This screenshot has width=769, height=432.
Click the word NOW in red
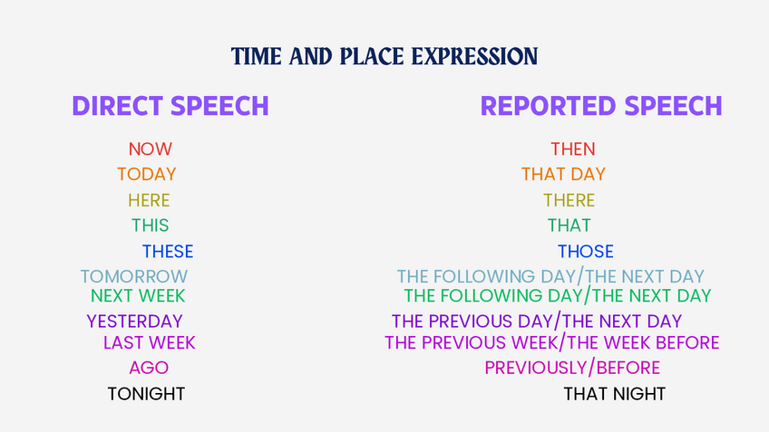click(x=150, y=149)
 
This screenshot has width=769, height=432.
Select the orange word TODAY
click(x=147, y=175)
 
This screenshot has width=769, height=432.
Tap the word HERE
click(x=149, y=200)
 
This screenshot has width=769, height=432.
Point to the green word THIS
click(x=150, y=226)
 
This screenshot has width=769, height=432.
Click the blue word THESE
click(x=168, y=252)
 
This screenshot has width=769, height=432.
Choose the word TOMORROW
click(x=134, y=277)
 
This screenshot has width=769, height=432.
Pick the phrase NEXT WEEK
click(x=138, y=296)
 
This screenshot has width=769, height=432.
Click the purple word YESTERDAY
click(x=134, y=322)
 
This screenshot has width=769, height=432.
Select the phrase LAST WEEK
click(x=149, y=343)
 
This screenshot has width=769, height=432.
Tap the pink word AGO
click(x=149, y=368)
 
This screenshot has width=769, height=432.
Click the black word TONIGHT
click(x=146, y=394)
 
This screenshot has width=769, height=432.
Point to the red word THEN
click(x=573, y=149)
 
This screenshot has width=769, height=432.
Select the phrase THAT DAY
click(x=563, y=175)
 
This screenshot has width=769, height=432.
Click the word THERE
click(x=569, y=200)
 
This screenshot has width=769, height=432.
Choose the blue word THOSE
click(x=586, y=252)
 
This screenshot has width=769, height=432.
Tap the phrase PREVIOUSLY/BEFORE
click(x=572, y=368)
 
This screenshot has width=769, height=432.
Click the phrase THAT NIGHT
click(x=615, y=394)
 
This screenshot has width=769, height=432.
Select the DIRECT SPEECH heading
click(x=170, y=106)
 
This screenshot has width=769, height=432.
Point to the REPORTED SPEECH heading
click(x=601, y=106)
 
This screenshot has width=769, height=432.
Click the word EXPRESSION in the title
click(x=475, y=56)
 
